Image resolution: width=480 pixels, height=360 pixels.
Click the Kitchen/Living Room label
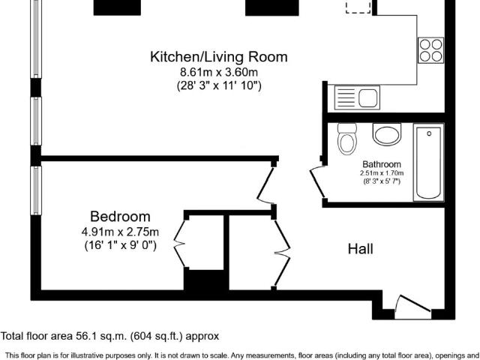(219, 57)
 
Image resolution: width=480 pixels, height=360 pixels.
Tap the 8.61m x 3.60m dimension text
(219, 73)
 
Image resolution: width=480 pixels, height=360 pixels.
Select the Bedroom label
(120, 217)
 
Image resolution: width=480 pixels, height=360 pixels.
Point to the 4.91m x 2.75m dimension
(120, 232)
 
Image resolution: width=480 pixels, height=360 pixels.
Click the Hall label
(360, 249)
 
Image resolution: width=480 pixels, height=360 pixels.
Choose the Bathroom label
(382, 164)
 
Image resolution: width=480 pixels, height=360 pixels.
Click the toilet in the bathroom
(346, 139)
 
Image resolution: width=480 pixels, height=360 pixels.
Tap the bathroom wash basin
(387, 134)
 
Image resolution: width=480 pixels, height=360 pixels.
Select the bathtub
(428, 162)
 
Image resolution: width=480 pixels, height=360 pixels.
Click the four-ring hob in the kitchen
(431, 50)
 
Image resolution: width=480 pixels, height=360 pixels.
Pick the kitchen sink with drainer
(357, 97)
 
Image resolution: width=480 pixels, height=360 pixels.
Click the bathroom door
(316, 181)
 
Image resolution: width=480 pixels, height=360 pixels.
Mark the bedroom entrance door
(265, 185)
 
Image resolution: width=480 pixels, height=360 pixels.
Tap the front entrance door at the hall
(412, 304)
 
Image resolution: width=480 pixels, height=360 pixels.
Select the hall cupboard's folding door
(282, 253)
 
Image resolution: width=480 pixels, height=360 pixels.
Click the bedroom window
(36, 190)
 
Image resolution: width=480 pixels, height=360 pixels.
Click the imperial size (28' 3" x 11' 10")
(219, 85)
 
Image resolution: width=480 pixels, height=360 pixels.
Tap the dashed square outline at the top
(358, 7)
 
